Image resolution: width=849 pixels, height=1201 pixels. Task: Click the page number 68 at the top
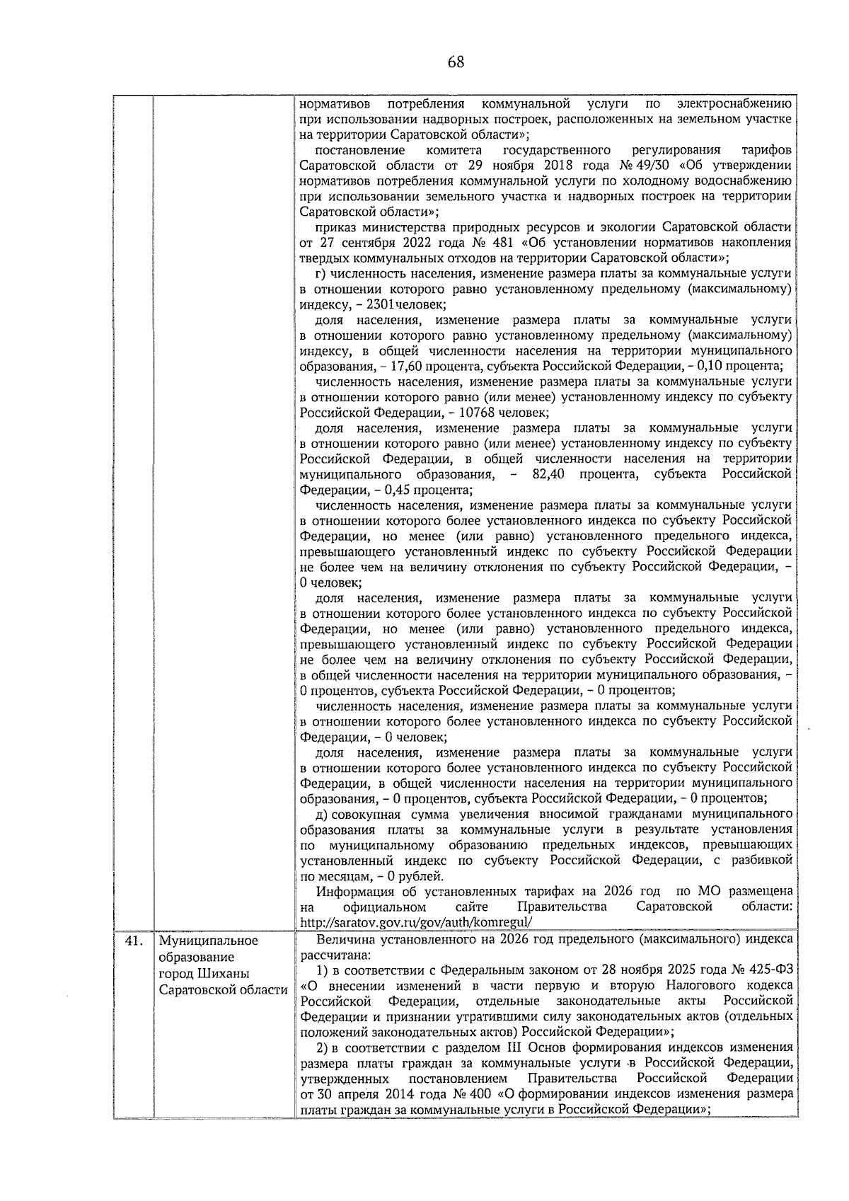[x=456, y=62]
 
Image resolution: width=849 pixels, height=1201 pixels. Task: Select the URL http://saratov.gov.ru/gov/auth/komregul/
[x=415, y=922]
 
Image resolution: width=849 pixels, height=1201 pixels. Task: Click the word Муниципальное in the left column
[x=209, y=941]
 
